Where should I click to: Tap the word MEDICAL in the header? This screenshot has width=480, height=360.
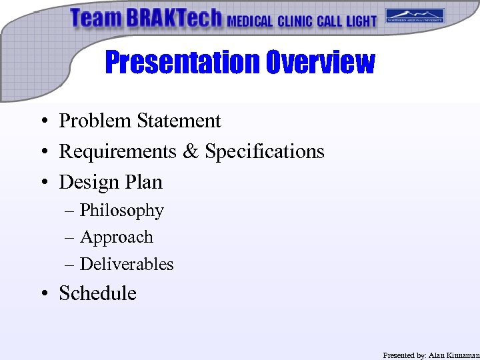tap(250, 21)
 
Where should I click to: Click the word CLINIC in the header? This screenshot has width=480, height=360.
tap(295, 21)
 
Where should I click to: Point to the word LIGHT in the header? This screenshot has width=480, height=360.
tap(361, 21)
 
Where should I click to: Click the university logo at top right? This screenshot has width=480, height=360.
tap(415, 16)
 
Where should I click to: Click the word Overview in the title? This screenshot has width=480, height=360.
tap(320, 63)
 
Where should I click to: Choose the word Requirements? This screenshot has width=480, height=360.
tap(118, 152)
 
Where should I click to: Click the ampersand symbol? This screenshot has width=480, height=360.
tap(192, 152)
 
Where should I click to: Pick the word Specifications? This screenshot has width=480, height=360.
tap(264, 152)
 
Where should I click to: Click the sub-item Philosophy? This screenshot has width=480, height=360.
tap(121, 211)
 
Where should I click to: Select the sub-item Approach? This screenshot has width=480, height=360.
tap(116, 237)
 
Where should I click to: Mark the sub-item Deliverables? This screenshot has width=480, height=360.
tap(126, 264)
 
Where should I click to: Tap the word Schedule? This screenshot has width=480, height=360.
tap(97, 293)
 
